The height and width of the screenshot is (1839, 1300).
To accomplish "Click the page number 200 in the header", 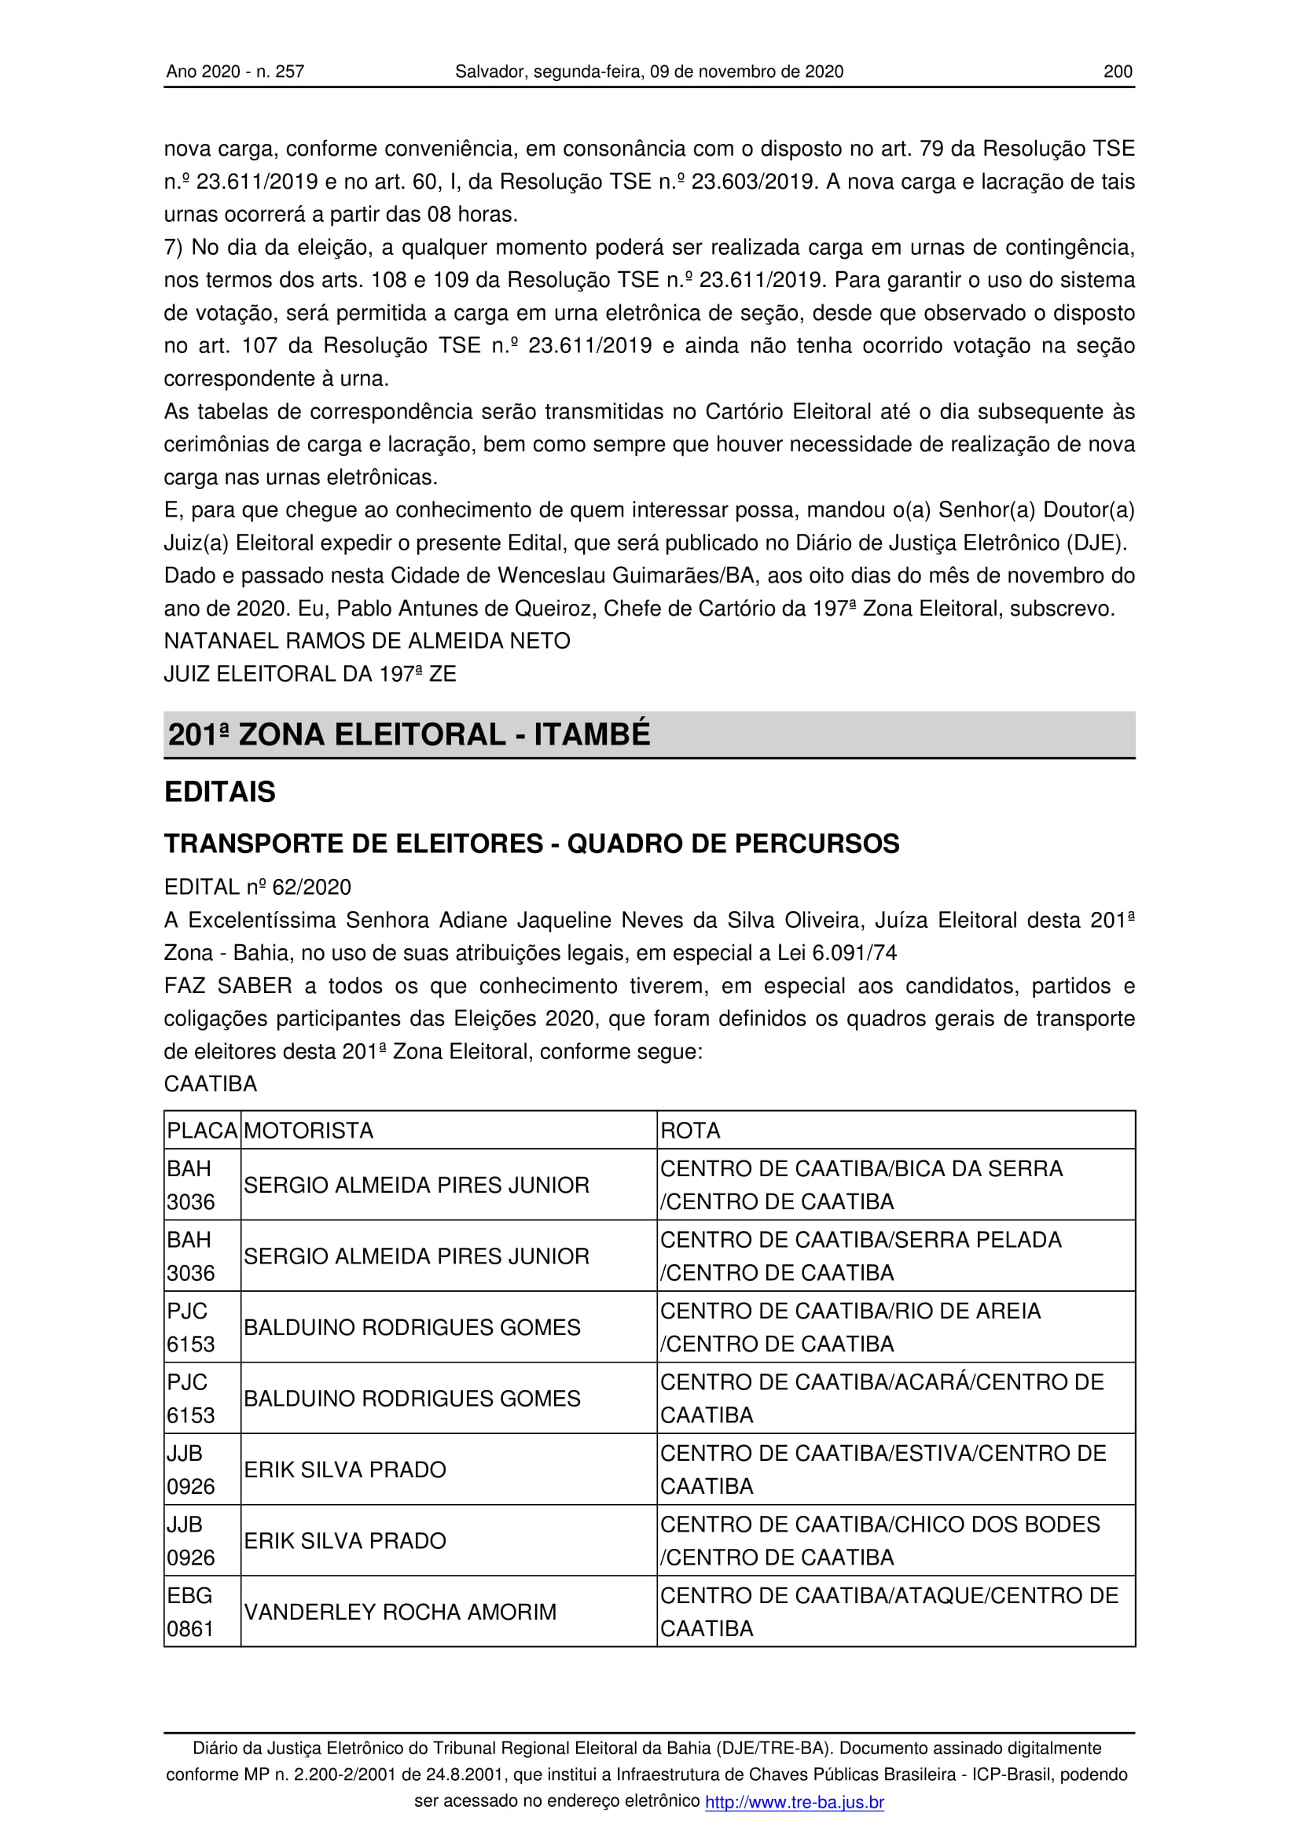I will pyautogui.click(x=1118, y=72).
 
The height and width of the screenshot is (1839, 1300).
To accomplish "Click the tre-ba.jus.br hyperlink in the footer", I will pyautogui.click(x=794, y=1802).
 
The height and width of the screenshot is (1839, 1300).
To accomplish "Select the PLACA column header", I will pyautogui.click(x=202, y=1130).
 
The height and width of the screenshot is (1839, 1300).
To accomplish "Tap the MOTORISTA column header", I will pyautogui.click(x=309, y=1130).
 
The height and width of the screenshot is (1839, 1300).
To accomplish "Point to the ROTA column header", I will pyautogui.click(x=690, y=1130).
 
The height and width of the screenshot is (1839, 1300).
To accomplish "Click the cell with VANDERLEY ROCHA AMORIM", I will pyautogui.click(x=400, y=1612).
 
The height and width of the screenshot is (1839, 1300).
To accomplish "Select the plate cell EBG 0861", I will pyautogui.click(x=190, y=1612).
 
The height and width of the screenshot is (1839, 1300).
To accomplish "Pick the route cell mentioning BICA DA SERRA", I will pyautogui.click(x=861, y=1185).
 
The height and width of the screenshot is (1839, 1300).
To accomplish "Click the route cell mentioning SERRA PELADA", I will pyautogui.click(x=861, y=1256).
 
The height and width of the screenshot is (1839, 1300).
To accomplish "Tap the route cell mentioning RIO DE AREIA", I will pyautogui.click(x=850, y=1327).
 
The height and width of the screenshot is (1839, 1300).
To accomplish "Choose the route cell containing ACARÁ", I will pyautogui.click(x=881, y=1399).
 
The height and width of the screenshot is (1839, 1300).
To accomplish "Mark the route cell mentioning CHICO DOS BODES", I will pyautogui.click(x=880, y=1541).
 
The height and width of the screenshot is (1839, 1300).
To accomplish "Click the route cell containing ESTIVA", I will pyautogui.click(x=883, y=1469).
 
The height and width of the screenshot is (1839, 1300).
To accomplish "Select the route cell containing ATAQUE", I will pyautogui.click(x=889, y=1612).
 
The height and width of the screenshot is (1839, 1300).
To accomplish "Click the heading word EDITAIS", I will pyautogui.click(x=220, y=792).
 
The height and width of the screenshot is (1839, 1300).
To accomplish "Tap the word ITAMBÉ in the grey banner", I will pyautogui.click(x=592, y=734).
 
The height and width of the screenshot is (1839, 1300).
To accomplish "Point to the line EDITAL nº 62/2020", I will pyautogui.click(x=258, y=887).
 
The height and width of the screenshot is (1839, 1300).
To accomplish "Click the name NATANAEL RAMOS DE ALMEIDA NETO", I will pyautogui.click(x=367, y=641).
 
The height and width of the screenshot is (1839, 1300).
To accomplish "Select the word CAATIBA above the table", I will pyautogui.click(x=211, y=1083).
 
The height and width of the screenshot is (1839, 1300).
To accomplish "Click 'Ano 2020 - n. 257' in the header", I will pyautogui.click(x=235, y=72).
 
